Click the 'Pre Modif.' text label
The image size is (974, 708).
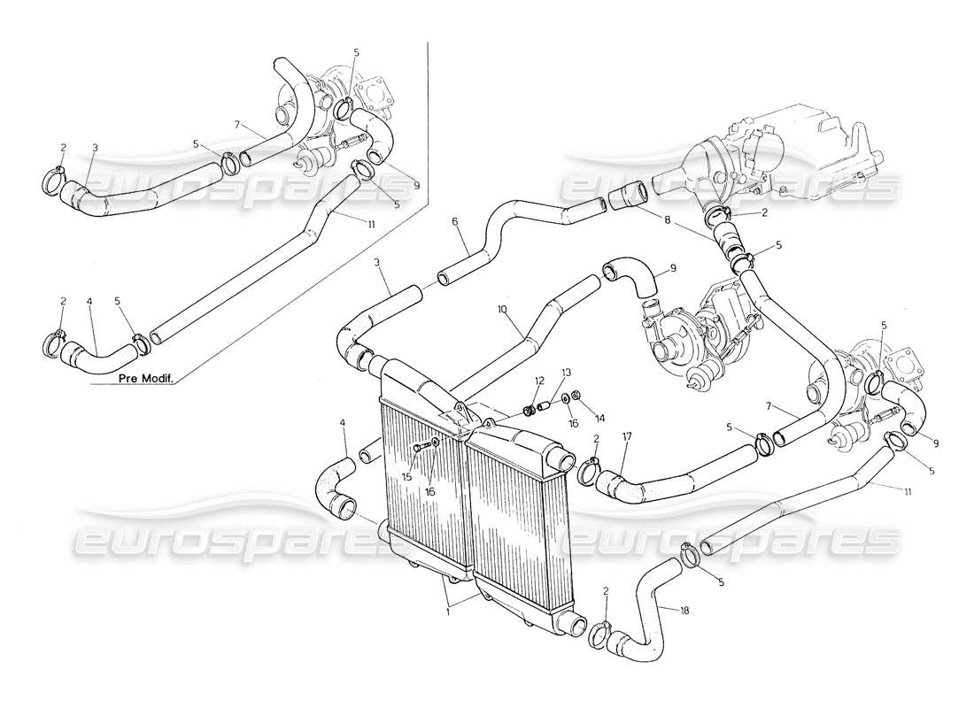pyautogui.click(x=145, y=378)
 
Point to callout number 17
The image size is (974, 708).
pyautogui.click(x=627, y=436)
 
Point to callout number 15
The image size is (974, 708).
pyautogui.click(x=406, y=476)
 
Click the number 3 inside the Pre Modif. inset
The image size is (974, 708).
pyautogui.click(x=94, y=147)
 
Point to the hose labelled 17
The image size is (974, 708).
pyautogui.click(x=673, y=483)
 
